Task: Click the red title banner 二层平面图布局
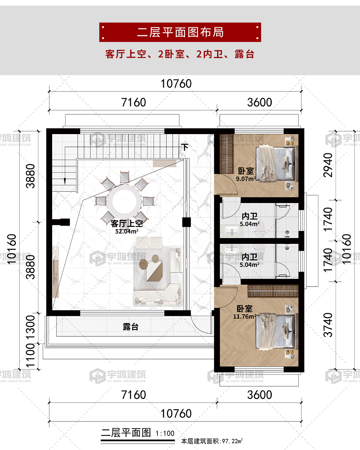click(180, 32)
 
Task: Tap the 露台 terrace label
click(131, 327)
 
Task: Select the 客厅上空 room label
click(127, 223)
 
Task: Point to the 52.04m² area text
click(127, 231)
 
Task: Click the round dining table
click(125, 201)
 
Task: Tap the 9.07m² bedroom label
click(246, 178)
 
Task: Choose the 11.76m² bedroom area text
click(245, 317)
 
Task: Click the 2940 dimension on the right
click(328, 165)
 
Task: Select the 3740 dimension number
click(328, 325)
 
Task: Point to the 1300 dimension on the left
click(30, 328)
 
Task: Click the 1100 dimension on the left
click(30, 356)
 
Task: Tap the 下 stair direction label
click(185, 147)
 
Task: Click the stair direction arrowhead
click(65, 182)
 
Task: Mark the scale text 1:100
click(165, 433)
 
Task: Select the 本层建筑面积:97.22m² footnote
click(212, 441)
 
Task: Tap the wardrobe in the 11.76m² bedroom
click(273, 291)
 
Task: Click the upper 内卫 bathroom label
click(250, 216)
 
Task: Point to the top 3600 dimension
click(260, 103)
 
